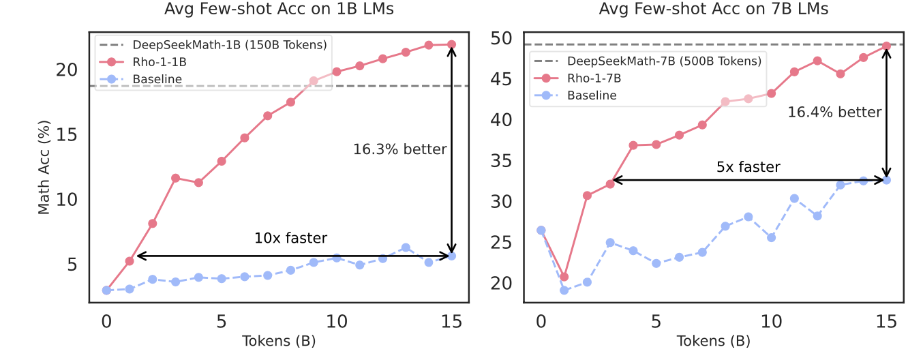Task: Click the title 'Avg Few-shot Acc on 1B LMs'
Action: (279, 10)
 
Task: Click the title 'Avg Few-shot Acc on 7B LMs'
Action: (714, 10)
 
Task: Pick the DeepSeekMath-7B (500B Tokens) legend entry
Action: (664, 61)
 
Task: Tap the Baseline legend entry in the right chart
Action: (592, 95)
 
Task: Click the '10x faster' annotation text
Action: (290, 239)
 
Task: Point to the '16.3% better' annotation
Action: (399, 149)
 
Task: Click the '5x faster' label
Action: (748, 166)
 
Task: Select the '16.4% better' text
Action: (834, 112)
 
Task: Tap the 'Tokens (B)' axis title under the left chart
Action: (279, 340)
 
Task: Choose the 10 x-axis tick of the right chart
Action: (771, 320)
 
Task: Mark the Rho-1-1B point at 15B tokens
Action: (451, 44)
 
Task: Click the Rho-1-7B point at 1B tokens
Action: (564, 277)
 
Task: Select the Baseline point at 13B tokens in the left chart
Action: (406, 247)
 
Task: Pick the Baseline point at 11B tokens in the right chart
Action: (794, 198)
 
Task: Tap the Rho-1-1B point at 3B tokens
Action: (175, 178)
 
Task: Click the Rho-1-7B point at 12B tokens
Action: (817, 61)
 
